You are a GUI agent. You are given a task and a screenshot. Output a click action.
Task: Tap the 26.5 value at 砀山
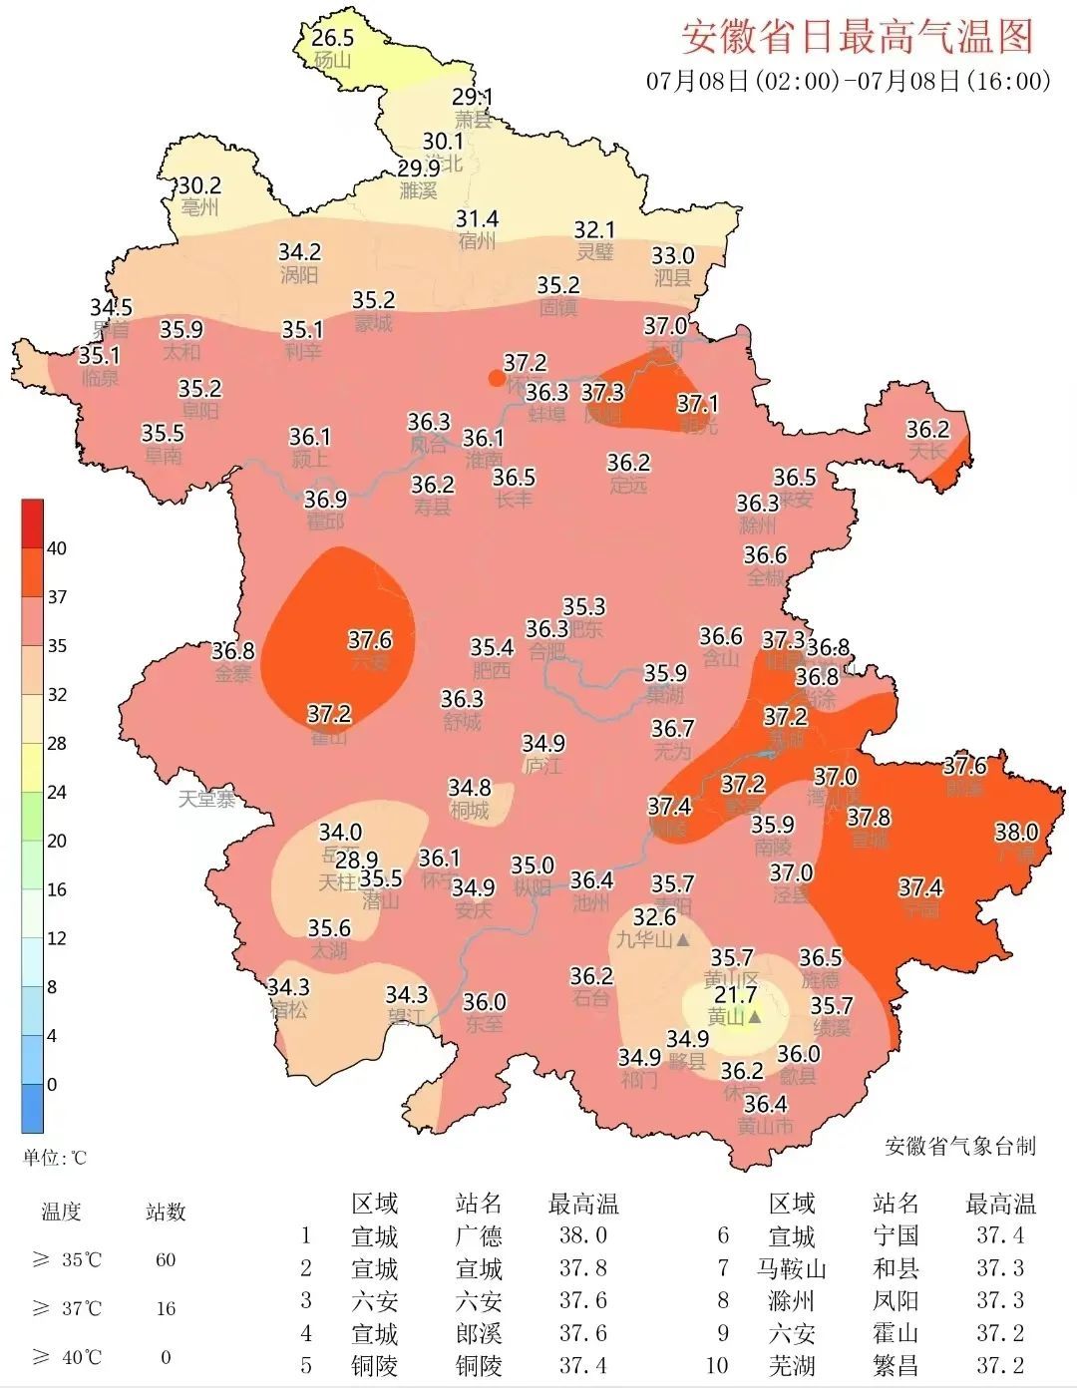click(332, 38)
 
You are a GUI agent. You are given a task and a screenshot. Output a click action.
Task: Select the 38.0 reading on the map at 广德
click(1016, 832)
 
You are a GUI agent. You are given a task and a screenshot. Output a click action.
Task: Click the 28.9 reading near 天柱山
click(356, 860)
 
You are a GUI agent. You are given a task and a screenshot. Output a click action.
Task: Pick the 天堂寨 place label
click(207, 799)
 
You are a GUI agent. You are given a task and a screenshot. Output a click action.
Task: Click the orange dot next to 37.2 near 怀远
click(496, 377)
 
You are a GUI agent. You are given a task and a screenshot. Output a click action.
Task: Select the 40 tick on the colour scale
click(57, 548)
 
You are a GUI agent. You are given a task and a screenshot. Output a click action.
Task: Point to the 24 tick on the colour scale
click(57, 793)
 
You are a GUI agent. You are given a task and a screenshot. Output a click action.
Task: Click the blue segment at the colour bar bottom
click(33, 1109)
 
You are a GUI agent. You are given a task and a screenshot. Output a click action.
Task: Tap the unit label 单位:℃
click(56, 1158)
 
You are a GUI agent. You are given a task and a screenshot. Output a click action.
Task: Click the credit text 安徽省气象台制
click(960, 1146)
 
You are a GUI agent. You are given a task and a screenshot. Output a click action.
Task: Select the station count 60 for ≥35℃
click(166, 1260)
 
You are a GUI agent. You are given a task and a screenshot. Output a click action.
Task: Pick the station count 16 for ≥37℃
click(166, 1308)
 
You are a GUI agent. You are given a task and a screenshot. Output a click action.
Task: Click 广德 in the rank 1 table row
click(479, 1236)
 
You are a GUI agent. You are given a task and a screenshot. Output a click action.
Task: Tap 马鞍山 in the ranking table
click(792, 1269)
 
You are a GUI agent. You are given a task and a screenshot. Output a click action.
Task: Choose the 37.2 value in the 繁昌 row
click(1000, 1366)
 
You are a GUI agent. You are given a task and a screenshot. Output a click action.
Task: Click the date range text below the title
click(848, 81)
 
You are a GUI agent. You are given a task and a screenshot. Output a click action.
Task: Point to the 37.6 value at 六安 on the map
click(369, 639)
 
